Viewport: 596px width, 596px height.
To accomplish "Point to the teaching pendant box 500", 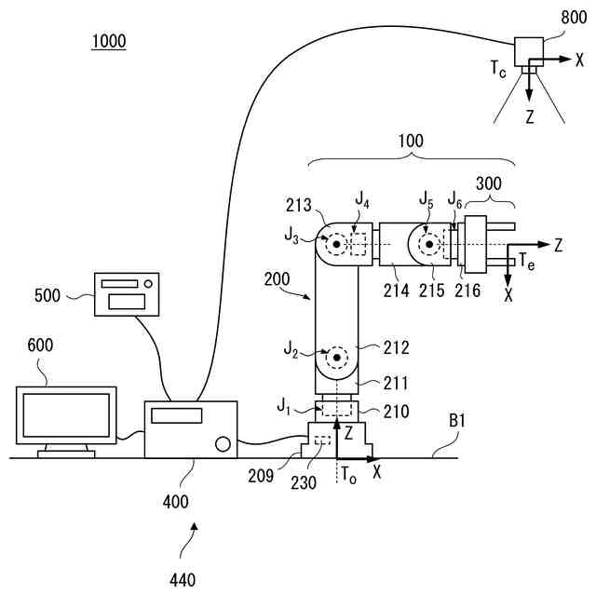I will (127, 293).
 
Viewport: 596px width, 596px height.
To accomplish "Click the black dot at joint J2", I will (335, 357).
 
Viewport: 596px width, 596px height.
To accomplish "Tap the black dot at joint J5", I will (428, 246).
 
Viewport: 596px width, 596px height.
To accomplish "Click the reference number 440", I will (183, 580).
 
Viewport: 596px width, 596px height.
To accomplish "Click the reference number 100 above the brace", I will (409, 142).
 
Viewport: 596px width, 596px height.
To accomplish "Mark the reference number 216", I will (467, 290).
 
